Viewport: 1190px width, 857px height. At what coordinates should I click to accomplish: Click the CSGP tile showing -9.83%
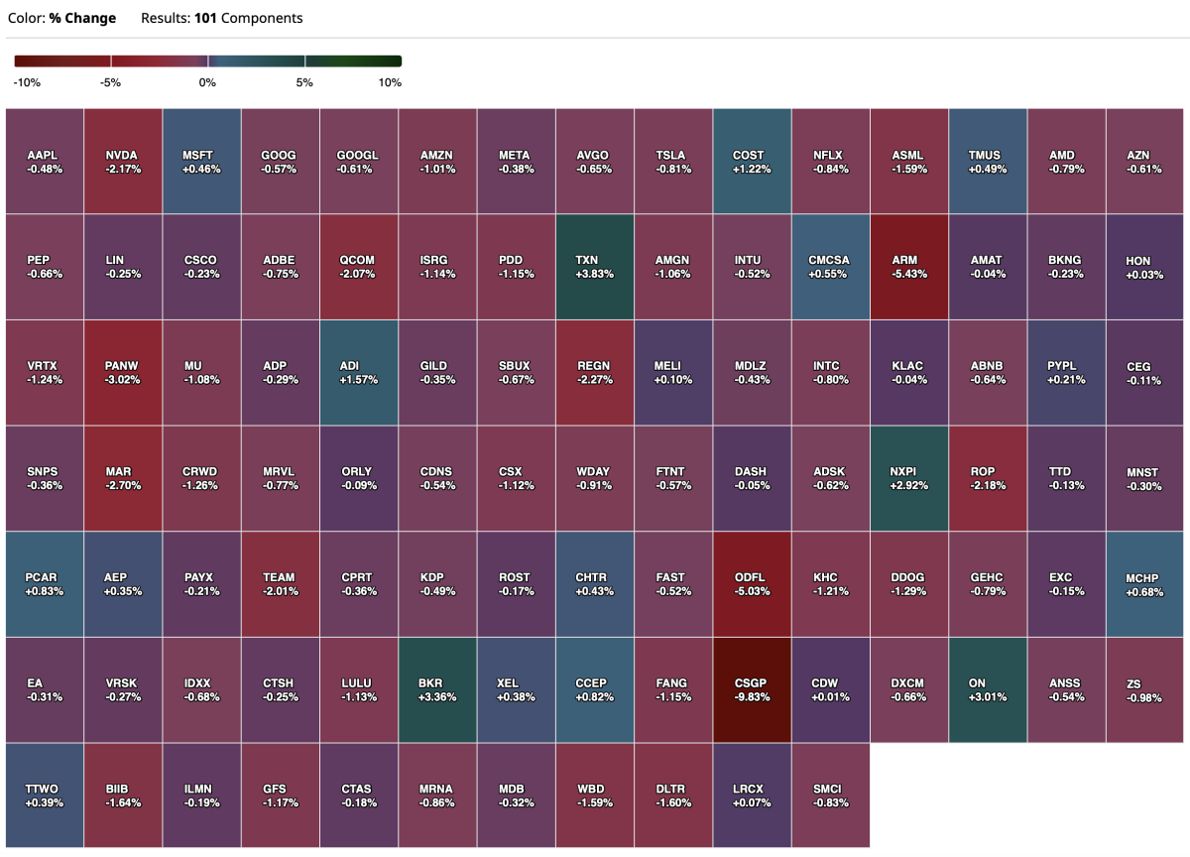point(752,689)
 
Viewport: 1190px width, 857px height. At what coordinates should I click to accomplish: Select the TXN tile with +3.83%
point(595,267)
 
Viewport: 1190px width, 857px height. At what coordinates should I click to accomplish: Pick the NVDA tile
point(123,162)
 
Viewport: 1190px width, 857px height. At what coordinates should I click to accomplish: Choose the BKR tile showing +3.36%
point(437,689)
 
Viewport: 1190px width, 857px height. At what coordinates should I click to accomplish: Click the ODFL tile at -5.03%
point(752,584)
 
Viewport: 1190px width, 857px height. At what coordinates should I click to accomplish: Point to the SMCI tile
point(830,796)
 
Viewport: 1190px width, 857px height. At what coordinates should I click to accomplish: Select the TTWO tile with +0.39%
point(45,796)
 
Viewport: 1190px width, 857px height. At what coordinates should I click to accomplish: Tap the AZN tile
point(1145,162)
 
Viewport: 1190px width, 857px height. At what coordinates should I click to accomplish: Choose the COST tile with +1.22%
point(752,162)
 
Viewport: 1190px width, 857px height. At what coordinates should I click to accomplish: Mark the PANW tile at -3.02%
point(123,373)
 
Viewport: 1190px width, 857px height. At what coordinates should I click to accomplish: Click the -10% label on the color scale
point(28,83)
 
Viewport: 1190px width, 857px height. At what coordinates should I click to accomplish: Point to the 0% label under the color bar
point(207,83)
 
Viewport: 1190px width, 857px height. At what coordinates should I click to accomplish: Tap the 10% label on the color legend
point(390,83)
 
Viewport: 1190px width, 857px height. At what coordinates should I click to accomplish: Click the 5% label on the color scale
point(304,83)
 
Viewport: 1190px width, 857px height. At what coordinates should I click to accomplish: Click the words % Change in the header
point(82,18)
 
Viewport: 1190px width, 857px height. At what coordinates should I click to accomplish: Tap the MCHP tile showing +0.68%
point(1145,584)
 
